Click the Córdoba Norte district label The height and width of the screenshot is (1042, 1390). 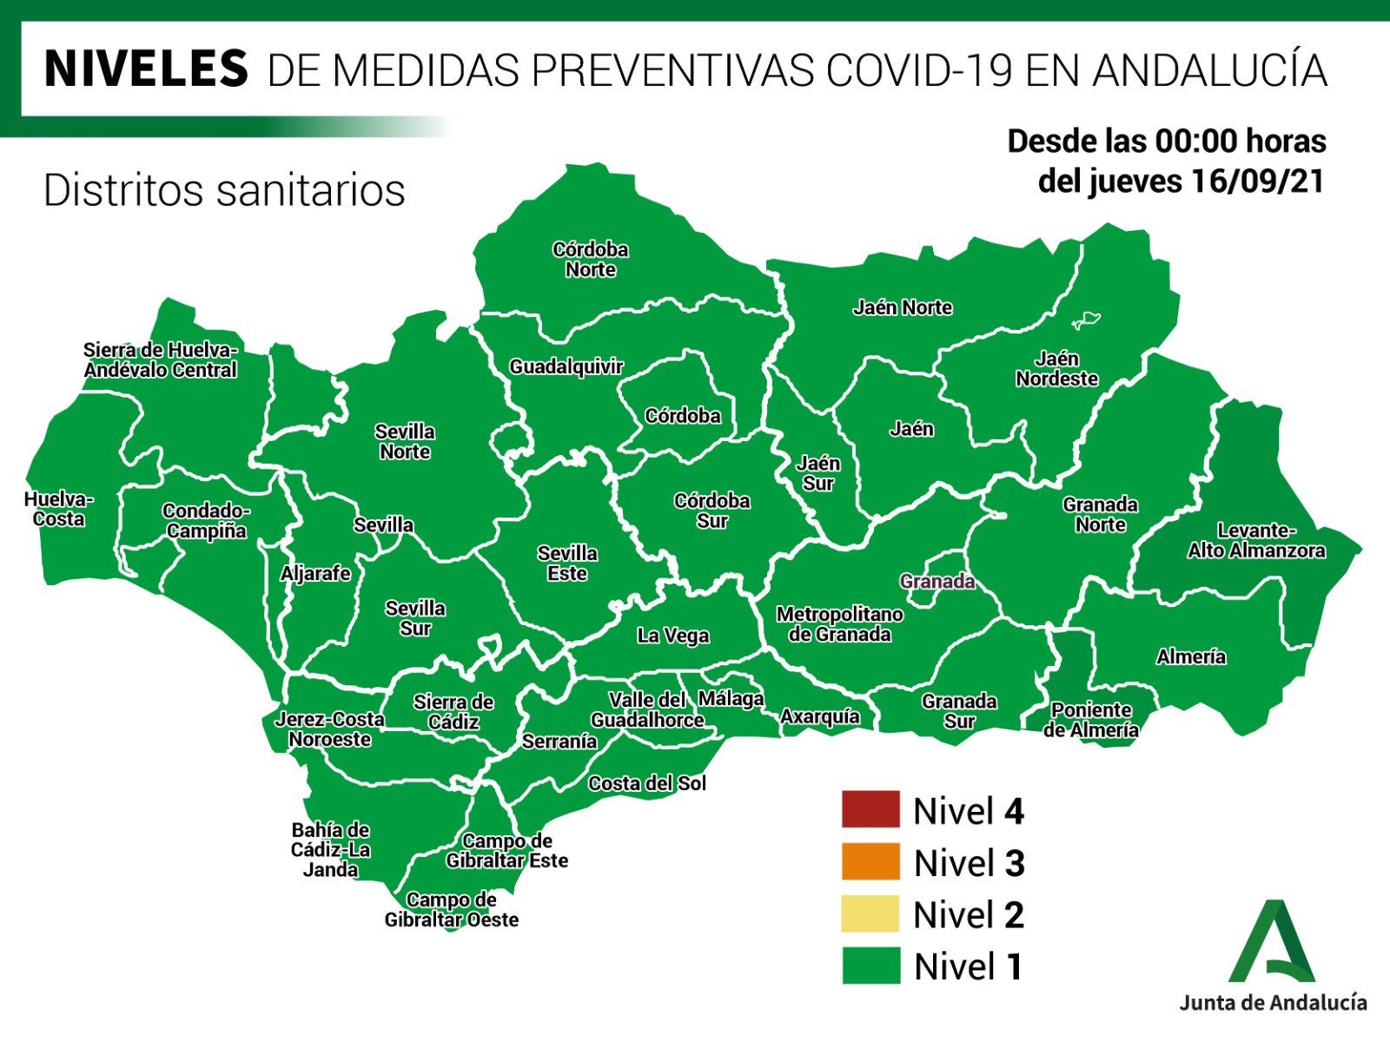(591, 260)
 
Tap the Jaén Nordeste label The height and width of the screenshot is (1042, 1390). (1056, 369)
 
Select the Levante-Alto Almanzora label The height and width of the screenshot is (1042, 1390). (1256, 541)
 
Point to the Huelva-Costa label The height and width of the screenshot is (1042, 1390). (59, 510)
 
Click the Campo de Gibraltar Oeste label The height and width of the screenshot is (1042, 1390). (452, 910)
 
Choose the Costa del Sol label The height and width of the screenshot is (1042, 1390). (647, 783)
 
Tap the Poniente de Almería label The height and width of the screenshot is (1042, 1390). (1091, 721)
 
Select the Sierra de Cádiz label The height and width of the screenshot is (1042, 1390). (453, 712)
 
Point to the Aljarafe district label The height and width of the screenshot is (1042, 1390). (315, 573)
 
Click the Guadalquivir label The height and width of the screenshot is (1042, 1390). (566, 366)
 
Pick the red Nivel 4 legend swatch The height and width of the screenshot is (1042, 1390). (870, 809)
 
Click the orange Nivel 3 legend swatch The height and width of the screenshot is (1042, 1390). (870, 861)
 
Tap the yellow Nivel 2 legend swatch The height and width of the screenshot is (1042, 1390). (870, 913)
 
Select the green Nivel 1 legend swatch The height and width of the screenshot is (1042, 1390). (870, 966)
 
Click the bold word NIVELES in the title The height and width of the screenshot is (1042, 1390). (146, 69)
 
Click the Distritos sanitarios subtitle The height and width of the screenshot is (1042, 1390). (224, 190)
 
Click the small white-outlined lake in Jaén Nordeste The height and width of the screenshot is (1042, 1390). (1087, 320)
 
